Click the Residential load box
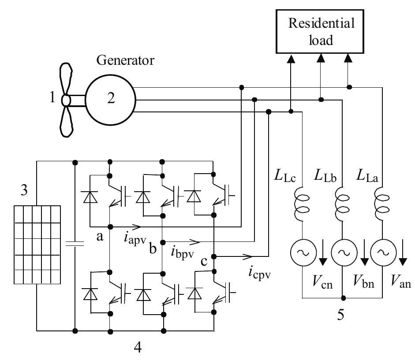pos(322,32)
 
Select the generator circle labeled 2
pos(111,100)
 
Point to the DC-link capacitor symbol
pos(74,245)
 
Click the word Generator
pos(126,60)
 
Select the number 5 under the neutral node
pos(343,315)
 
